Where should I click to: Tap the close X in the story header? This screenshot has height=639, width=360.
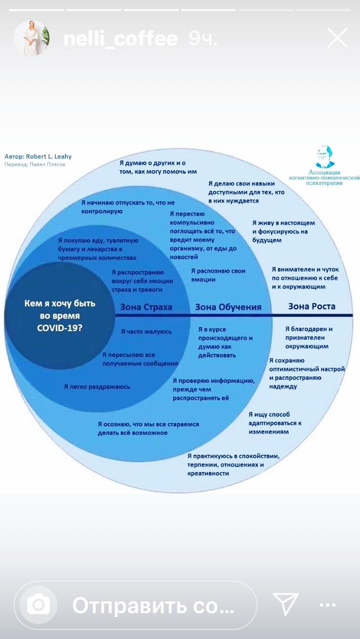337,38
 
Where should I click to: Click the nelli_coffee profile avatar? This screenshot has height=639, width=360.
31,38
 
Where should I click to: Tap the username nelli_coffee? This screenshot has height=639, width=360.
120,39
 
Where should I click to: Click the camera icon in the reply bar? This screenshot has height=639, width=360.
39,605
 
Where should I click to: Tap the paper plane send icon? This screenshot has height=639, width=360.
285,604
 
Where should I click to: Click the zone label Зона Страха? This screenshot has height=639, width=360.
146,307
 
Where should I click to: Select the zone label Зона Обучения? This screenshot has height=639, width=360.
228,307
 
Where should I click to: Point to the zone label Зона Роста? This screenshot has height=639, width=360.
312,307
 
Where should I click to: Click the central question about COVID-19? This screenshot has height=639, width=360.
60,314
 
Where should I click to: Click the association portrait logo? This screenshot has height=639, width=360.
325,158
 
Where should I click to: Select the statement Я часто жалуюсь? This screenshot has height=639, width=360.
146,332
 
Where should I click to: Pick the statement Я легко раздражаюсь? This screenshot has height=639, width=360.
97,386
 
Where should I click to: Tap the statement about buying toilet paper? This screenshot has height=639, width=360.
98,249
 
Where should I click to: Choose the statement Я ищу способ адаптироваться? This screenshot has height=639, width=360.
276,423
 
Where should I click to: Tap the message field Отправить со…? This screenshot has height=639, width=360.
153,605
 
